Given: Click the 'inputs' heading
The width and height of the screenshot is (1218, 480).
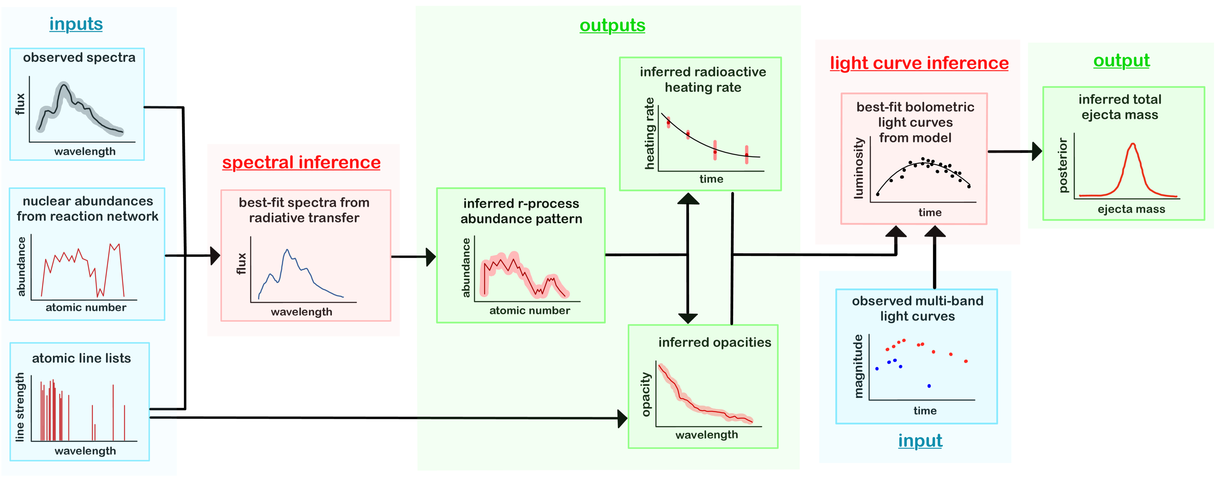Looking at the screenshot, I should (76, 24).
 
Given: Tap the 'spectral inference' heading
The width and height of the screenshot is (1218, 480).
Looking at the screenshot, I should (301, 163).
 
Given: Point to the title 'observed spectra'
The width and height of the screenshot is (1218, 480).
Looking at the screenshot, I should (79, 58).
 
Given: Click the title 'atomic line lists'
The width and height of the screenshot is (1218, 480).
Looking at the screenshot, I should (81, 358).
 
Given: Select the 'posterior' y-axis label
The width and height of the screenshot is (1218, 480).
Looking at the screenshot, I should (1063, 165).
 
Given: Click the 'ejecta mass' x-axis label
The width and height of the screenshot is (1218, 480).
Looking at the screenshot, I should (1131, 209).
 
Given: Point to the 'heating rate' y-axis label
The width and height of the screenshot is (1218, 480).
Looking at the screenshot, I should (650, 134).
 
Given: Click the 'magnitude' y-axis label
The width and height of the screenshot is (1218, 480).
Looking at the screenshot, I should (858, 366).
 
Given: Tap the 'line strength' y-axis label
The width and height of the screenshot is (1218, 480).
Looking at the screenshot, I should (19, 407).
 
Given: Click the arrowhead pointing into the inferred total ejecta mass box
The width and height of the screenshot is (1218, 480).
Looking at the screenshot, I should (1036, 152).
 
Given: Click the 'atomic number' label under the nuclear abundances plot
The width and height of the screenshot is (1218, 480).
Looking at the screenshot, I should (86, 307).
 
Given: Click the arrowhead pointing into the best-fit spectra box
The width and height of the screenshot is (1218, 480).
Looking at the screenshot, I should (216, 256).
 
